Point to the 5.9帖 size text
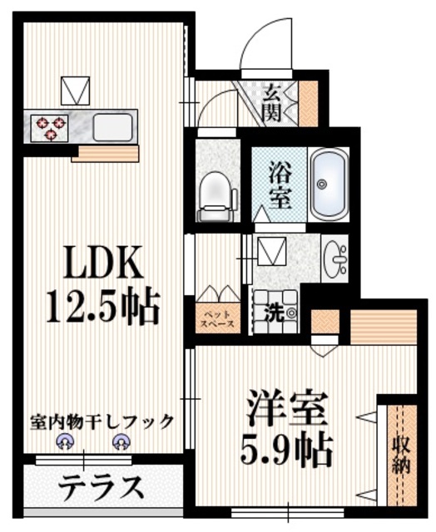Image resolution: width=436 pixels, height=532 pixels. (285, 450)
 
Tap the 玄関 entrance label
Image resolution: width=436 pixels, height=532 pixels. (272, 102)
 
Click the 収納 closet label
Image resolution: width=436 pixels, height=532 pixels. (403, 453)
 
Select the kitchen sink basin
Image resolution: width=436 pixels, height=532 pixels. (111, 127)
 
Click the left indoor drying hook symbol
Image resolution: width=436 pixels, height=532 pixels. (63, 443)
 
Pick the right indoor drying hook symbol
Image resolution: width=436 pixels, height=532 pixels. (121, 443)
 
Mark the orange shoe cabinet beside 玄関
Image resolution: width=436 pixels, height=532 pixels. (309, 101)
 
